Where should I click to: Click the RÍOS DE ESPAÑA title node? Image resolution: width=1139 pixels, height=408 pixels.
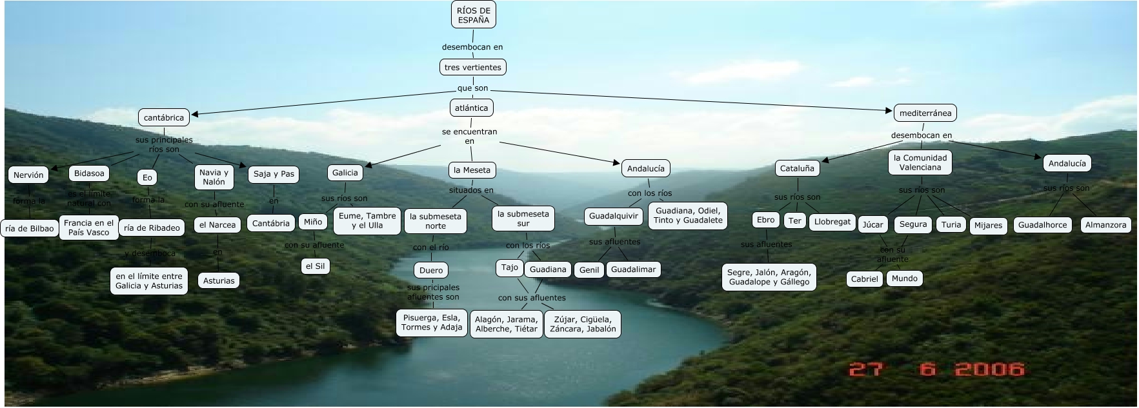[473, 15]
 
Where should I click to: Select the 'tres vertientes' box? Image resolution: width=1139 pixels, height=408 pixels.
[473, 67]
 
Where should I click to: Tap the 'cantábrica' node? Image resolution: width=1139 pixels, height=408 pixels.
[164, 117]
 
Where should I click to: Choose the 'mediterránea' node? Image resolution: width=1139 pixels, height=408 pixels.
[925, 113]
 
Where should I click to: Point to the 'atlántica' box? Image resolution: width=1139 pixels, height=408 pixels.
[471, 108]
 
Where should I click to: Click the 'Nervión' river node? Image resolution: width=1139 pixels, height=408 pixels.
[28, 175]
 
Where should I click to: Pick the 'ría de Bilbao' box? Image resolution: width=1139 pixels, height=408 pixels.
[30, 228]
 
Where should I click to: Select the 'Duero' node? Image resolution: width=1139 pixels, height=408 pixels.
[431, 270]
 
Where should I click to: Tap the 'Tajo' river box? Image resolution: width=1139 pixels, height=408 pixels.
[510, 267]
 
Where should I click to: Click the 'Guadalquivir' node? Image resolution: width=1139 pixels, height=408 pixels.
[614, 216]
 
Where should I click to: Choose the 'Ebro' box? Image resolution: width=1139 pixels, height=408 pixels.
[766, 220]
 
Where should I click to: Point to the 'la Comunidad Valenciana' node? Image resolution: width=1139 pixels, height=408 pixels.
[920, 162]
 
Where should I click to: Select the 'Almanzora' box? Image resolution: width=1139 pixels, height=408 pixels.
[1105, 225]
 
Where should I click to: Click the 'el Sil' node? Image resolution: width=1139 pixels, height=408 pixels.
[315, 266]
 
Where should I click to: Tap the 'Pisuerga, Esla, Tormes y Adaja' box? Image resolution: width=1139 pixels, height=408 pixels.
[432, 322]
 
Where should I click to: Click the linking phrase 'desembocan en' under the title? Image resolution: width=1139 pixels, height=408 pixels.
[472, 47]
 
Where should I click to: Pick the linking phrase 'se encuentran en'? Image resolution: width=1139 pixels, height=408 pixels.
[470, 136]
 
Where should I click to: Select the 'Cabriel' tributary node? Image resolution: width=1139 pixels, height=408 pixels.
[864, 279]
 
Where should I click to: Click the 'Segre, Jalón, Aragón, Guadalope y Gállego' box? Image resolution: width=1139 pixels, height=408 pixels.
[769, 277]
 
